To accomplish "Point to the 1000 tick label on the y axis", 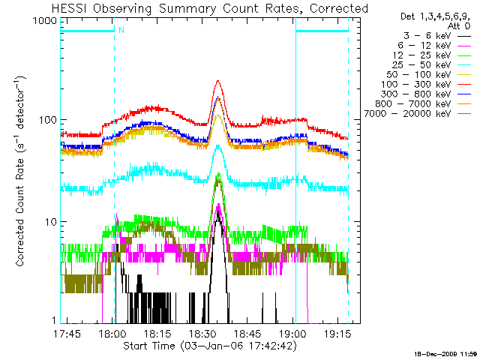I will (46, 20).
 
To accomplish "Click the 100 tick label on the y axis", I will (48, 121).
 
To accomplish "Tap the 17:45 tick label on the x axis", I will (68, 333).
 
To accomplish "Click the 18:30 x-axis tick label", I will (202, 333).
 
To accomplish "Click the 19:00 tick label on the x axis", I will (292, 333).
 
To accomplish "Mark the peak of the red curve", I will (218, 81).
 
